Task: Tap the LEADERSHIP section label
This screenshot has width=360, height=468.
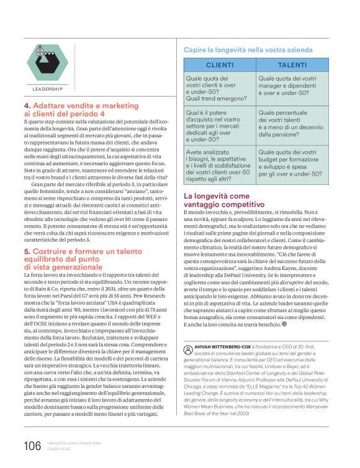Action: (x=48, y=89)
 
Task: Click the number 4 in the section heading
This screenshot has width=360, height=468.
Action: (x=27, y=106)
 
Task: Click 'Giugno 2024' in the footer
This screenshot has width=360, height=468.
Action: (x=60, y=449)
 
